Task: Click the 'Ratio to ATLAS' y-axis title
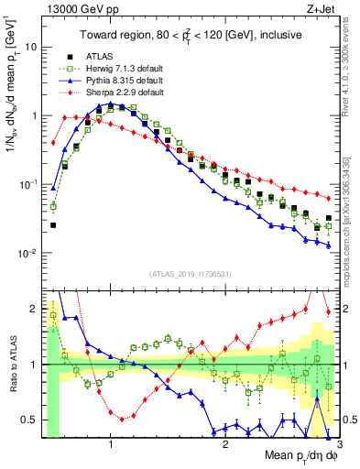coord(11,365)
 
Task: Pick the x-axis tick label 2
coord(225,444)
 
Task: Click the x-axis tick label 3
coord(339,444)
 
